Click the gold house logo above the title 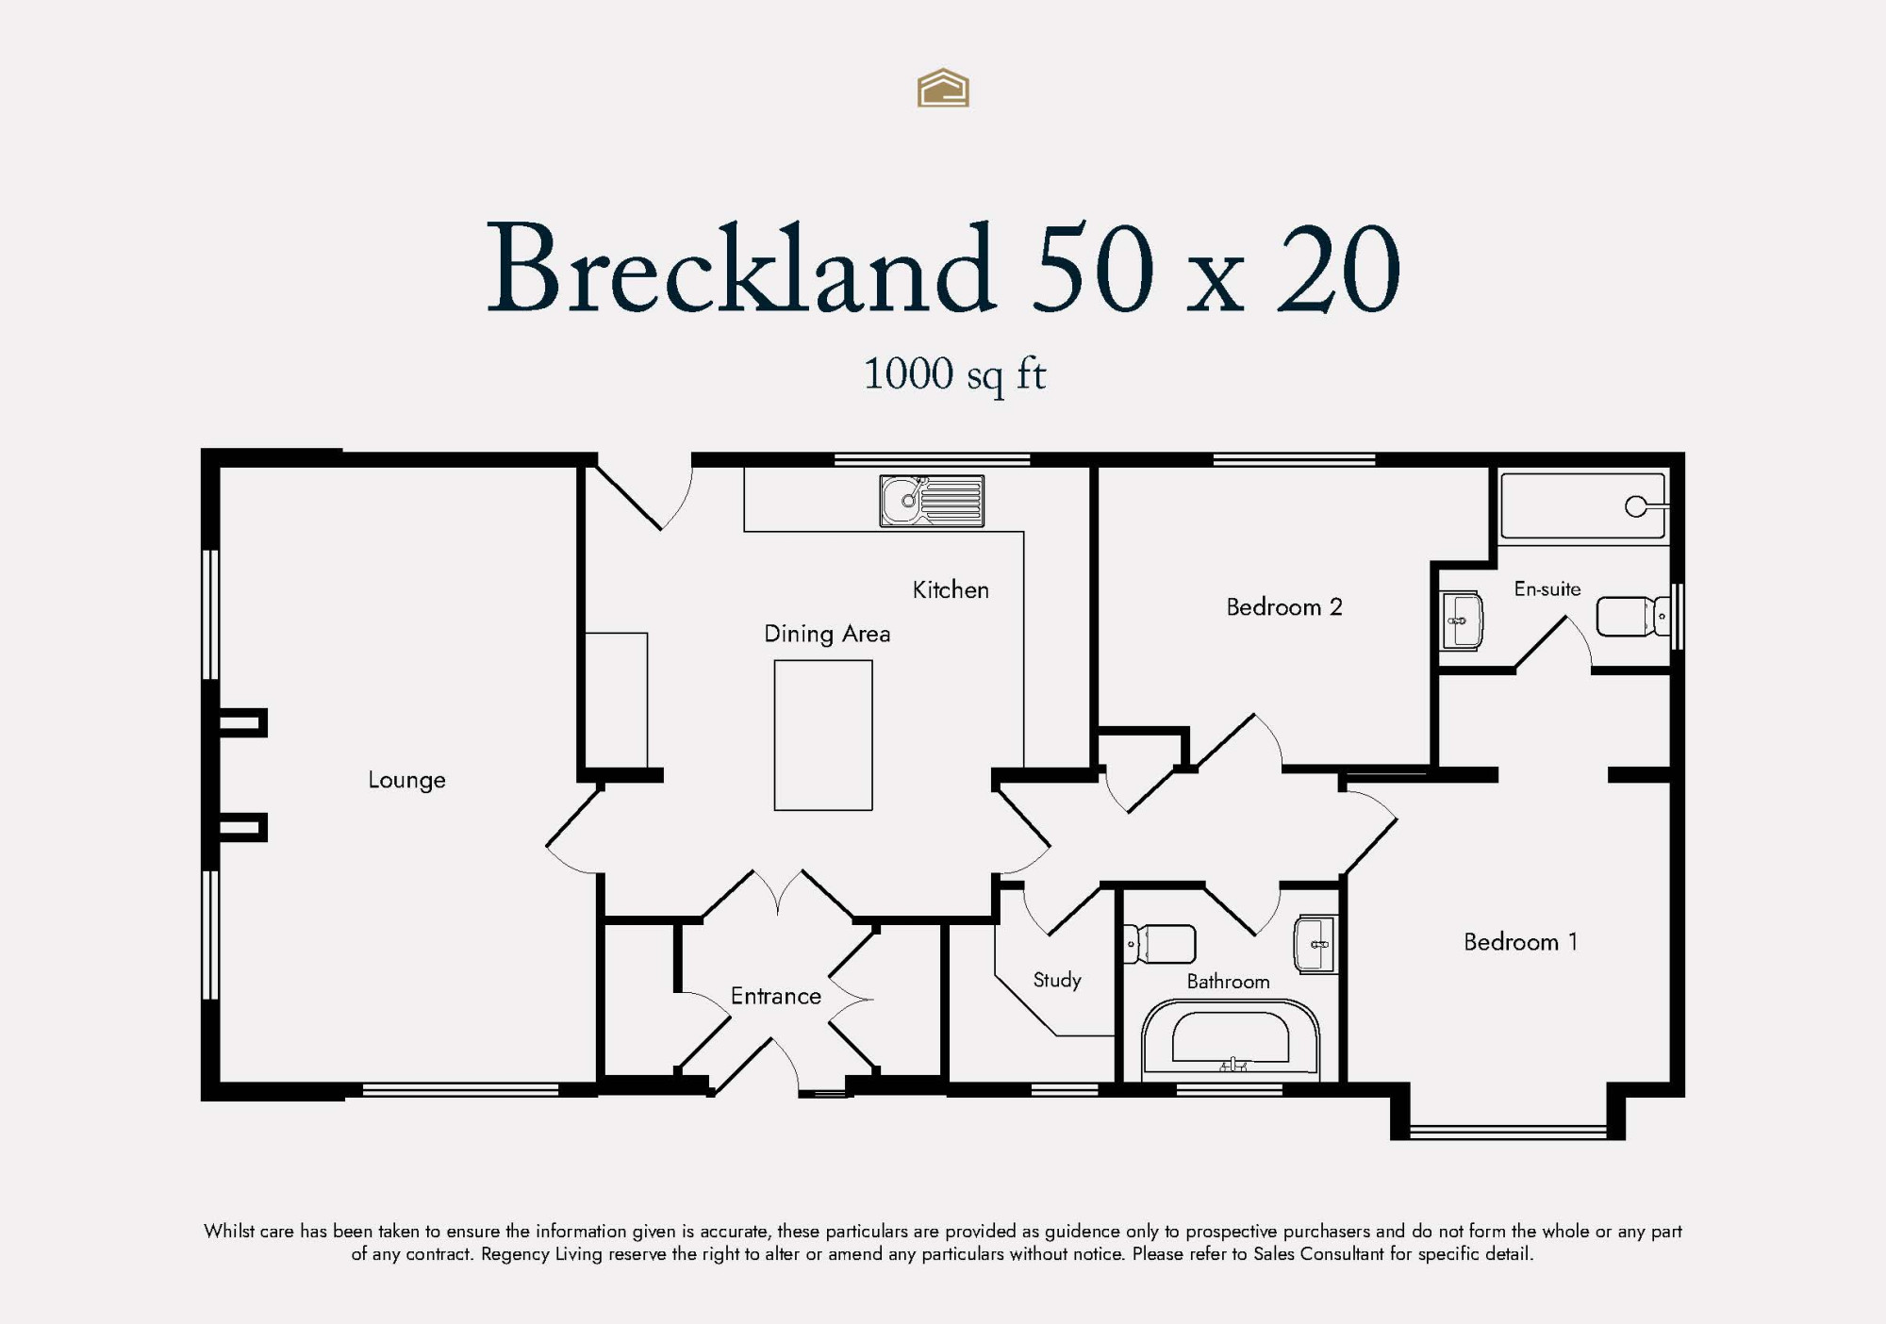943,88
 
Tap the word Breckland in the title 740,269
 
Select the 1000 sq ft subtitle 954,374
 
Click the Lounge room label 406,780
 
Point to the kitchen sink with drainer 932,500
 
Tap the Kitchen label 951,589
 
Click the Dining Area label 827,634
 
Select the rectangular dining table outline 823,735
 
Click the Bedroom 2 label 1284,606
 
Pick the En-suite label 1547,588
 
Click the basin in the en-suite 1462,621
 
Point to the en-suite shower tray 1583,506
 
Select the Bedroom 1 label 1520,941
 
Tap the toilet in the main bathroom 1160,944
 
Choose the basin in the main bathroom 1315,943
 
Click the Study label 1057,980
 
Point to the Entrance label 776,996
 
